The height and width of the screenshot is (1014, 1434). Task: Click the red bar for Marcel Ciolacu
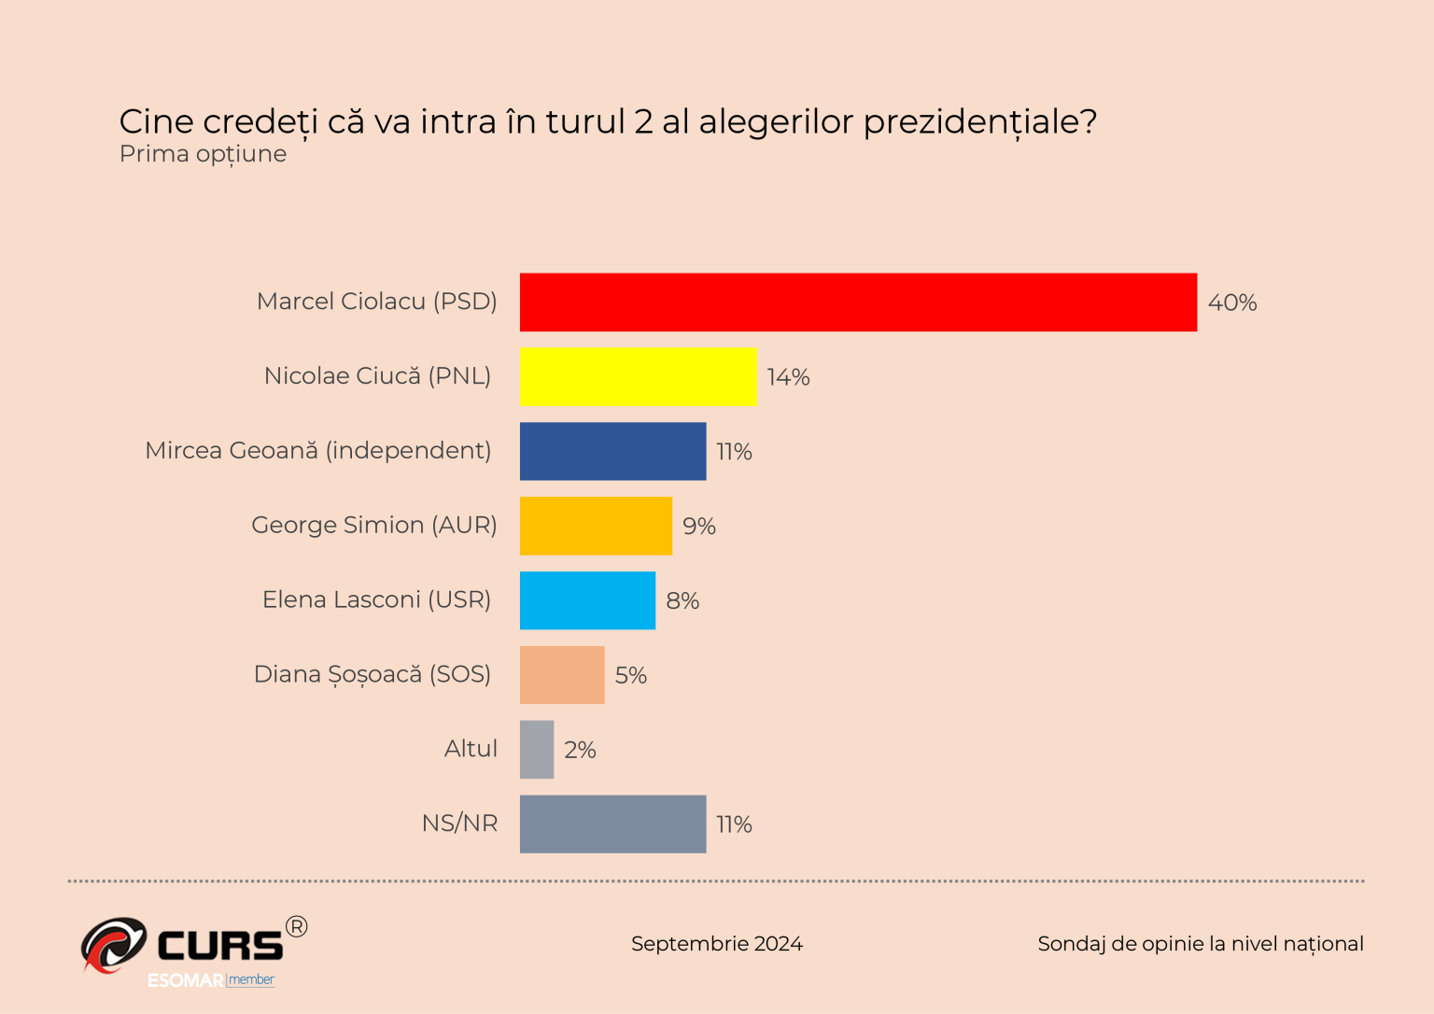point(858,303)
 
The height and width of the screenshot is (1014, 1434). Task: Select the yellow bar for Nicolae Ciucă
point(639,376)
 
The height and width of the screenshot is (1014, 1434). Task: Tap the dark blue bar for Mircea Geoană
point(612,451)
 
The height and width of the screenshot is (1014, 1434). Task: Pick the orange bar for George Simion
point(596,526)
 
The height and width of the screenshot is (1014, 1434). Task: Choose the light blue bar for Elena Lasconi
point(587,600)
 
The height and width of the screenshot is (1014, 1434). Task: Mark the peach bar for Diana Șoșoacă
point(562,675)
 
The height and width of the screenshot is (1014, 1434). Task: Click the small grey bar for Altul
point(537,750)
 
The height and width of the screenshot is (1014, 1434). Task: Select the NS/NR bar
point(612,824)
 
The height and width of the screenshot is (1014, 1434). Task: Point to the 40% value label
point(1232,303)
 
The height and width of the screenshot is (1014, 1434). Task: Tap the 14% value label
point(788,377)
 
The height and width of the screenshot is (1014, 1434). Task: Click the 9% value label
point(698,527)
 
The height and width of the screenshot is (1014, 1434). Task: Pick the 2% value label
point(580,750)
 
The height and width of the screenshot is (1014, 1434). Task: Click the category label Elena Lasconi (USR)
point(376,599)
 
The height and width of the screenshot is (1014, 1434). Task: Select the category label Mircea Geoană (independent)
point(318,450)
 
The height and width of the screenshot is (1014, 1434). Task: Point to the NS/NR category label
point(459,824)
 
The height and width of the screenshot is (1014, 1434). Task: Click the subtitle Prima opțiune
point(203,154)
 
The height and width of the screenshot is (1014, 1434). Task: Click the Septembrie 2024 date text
point(716,944)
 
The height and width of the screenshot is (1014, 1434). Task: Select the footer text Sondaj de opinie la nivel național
point(1200,944)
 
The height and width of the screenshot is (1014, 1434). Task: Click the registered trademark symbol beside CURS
point(296,926)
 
